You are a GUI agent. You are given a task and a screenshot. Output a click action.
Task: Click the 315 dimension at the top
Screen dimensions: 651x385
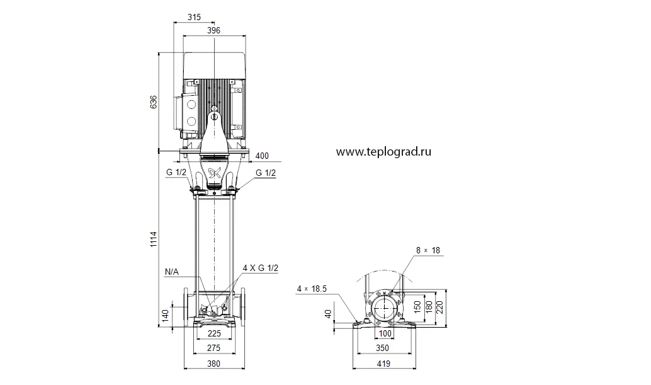coord(194,17)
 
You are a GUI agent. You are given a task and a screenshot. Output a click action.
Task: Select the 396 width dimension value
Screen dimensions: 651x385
coord(213,30)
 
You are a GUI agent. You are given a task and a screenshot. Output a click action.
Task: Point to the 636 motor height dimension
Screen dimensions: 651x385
coord(154,102)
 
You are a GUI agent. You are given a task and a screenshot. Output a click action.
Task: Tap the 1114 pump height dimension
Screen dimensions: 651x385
coord(154,239)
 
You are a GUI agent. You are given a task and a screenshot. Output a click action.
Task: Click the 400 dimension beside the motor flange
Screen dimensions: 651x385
coord(262,156)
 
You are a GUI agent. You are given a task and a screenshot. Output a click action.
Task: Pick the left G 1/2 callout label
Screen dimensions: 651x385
coord(176,173)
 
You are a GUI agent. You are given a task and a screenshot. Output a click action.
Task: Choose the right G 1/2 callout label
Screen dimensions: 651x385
coord(266,173)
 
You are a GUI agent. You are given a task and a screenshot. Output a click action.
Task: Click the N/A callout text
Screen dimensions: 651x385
coord(171,272)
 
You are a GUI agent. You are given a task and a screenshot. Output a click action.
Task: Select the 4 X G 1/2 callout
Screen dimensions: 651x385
coord(260,268)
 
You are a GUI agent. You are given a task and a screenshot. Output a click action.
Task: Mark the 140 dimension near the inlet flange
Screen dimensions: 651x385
coord(165,316)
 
